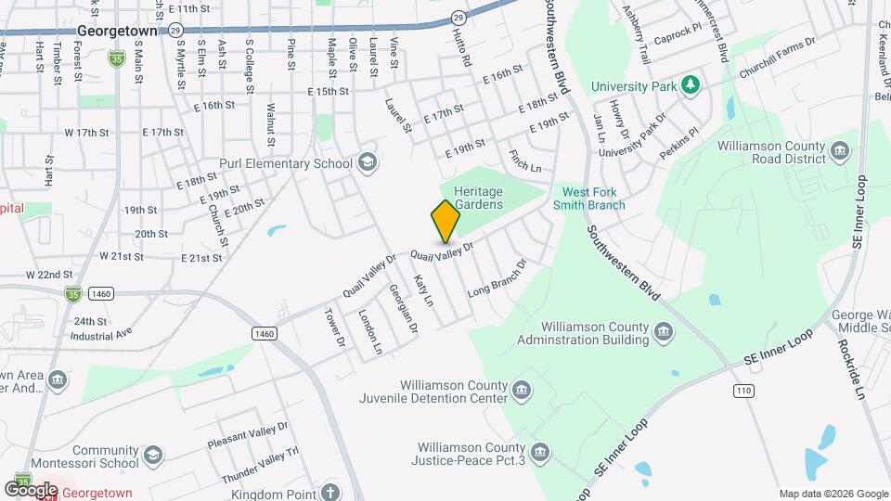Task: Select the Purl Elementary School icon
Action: click(368, 163)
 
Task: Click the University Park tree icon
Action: click(690, 86)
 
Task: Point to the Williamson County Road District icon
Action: click(841, 150)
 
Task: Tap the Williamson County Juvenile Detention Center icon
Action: click(522, 388)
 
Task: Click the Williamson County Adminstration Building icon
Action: click(665, 331)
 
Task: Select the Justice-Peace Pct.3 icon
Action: click(541, 453)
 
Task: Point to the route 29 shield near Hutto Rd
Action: click(458, 17)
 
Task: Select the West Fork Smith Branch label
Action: click(591, 199)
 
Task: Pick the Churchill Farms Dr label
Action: click(777, 58)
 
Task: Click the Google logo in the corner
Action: click(31, 489)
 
